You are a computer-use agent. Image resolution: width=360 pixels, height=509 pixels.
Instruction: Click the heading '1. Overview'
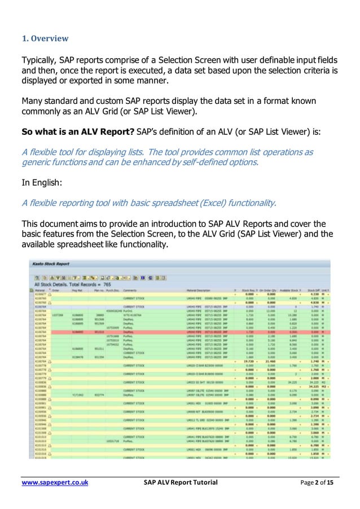click(45, 39)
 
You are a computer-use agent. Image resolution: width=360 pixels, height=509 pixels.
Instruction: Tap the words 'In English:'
click(43, 183)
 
